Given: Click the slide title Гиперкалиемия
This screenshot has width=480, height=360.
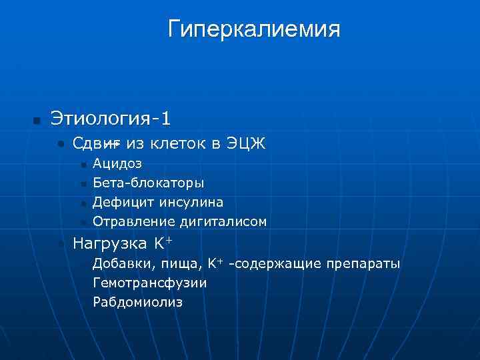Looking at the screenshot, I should point(254,29).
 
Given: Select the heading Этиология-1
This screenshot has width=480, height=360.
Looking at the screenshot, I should point(111,119).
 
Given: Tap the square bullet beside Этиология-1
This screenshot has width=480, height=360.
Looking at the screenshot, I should point(37,121).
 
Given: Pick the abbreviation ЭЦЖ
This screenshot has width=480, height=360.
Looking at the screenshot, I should point(245,143).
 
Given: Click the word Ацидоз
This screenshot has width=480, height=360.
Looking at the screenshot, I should point(117,163).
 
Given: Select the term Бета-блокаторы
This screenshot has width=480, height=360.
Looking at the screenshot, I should point(149,182).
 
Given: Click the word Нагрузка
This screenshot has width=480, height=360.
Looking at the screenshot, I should point(111,242).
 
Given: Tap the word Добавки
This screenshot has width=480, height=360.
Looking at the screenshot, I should point(119,263).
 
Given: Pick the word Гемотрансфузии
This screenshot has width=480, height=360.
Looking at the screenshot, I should point(150,283).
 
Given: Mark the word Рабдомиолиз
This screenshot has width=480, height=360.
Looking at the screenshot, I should point(137,302).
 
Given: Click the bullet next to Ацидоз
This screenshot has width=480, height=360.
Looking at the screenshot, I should point(83,163).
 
